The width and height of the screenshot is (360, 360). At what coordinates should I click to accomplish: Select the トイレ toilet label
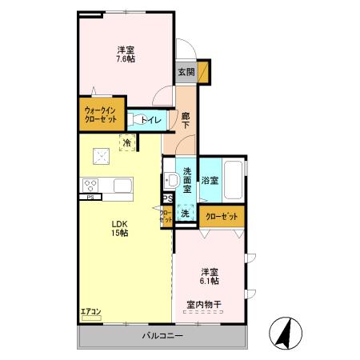pyautogui.click(x=152, y=120)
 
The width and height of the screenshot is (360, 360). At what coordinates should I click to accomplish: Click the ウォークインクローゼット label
pyautogui.click(x=102, y=114)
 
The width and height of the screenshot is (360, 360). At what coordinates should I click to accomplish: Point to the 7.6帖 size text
pyautogui.click(x=124, y=59)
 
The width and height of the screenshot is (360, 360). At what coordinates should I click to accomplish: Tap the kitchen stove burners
pyautogui.click(x=90, y=185)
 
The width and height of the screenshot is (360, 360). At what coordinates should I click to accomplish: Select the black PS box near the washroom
pyautogui.click(x=167, y=200)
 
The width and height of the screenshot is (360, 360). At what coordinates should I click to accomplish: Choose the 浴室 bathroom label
pyautogui.click(x=210, y=182)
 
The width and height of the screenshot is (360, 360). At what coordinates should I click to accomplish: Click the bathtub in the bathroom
pyautogui.click(x=234, y=181)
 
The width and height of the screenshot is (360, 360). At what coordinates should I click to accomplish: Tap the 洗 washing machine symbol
pyautogui.click(x=185, y=213)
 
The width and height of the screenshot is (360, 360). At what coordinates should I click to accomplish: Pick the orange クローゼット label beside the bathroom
pyautogui.click(x=222, y=216)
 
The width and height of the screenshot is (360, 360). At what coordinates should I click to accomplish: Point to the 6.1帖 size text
pyautogui.click(x=210, y=281)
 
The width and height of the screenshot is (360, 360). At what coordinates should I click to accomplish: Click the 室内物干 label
pyautogui.click(x=204, y=303)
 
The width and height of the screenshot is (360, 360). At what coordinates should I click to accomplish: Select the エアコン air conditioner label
pyautogui.click(x=90, y=311)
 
